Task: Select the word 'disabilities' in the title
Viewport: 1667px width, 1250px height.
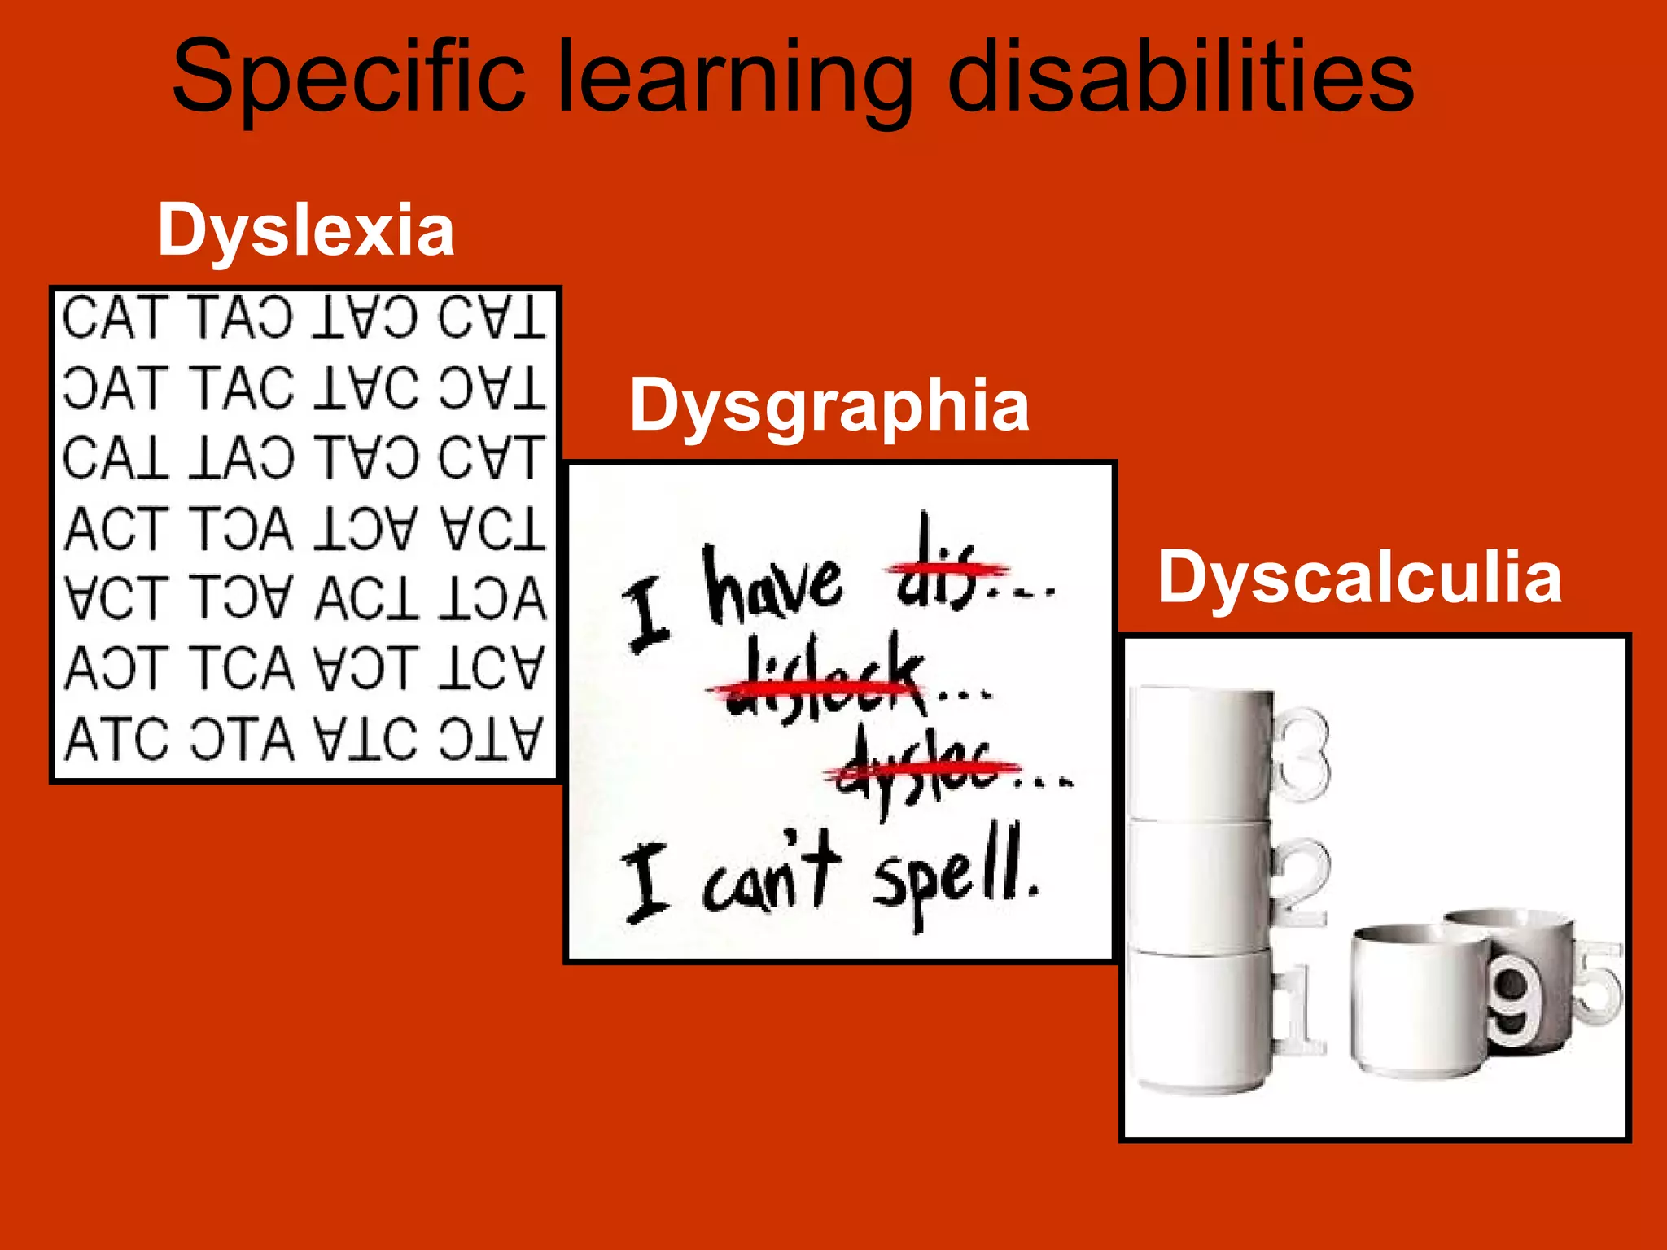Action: [1180, 77]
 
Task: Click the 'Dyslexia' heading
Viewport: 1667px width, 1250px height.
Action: [305, 230]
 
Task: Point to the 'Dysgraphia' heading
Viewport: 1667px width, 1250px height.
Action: [829, 405]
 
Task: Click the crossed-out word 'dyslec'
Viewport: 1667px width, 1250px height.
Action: [920, 769]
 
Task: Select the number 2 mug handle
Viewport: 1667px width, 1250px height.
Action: [1301, 883]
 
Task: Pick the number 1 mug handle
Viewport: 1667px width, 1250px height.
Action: [1300, 1009]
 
